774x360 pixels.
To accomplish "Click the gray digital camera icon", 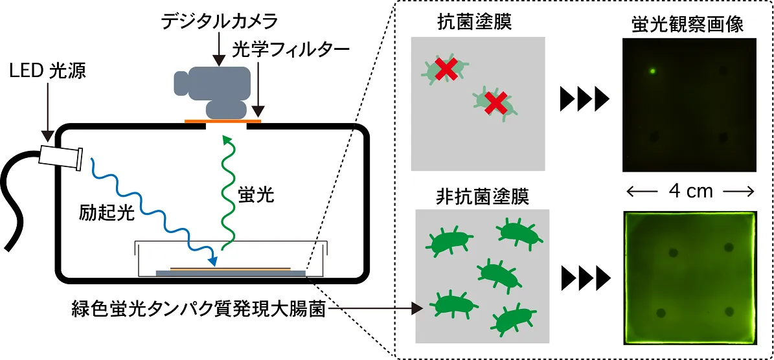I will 213,89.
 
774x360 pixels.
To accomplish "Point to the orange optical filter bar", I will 223,120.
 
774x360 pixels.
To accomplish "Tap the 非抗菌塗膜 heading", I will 483,197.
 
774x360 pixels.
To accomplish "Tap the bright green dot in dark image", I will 653,71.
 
